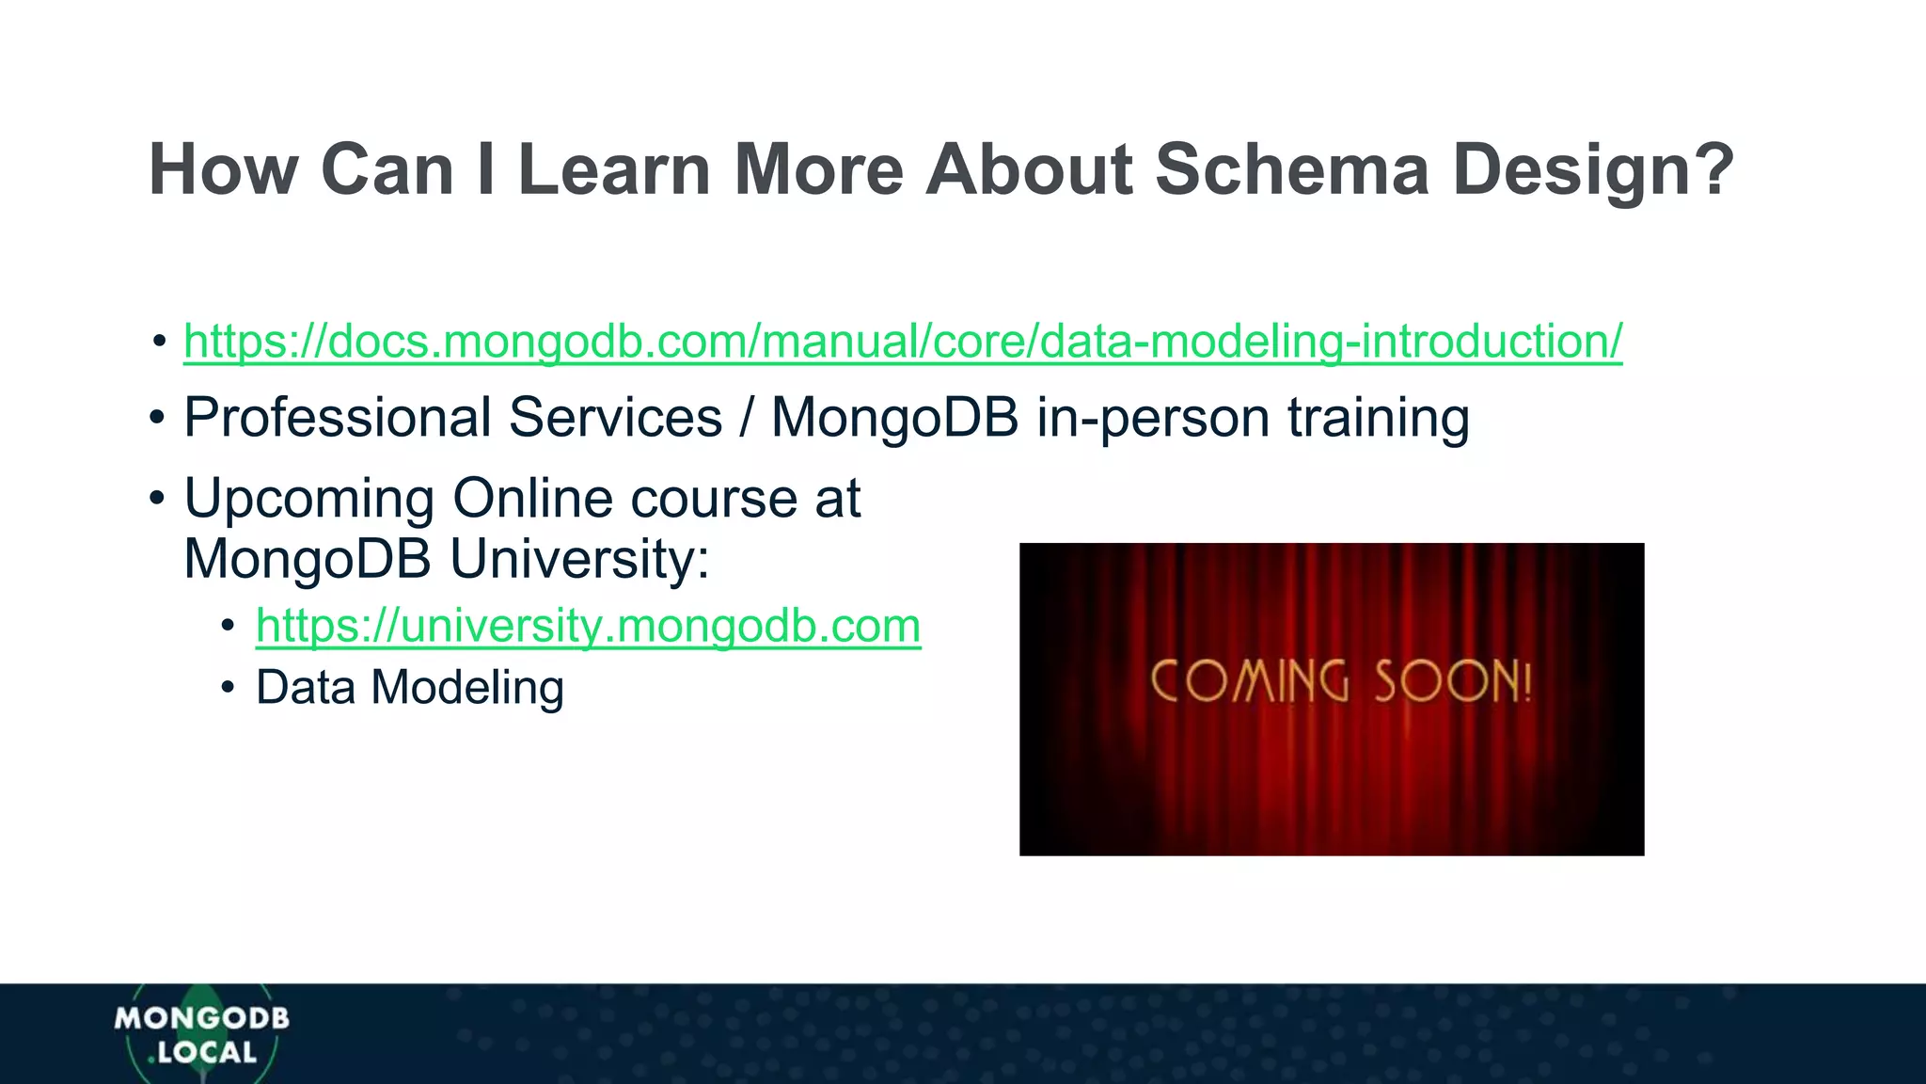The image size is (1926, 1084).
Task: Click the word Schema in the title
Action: click(1292, 170)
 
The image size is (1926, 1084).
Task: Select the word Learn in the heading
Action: click(613, 170)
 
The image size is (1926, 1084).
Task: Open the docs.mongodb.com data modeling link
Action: click(903, 341)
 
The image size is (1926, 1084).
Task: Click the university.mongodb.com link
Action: click(588, 626)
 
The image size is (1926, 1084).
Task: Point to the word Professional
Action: click(338, 418)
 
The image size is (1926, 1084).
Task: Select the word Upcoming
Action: click(309, 499)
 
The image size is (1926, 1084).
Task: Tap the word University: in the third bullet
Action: click(579, 559)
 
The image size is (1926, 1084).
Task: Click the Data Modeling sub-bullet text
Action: click(410, 688)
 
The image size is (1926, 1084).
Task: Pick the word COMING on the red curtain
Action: click(1250, 681)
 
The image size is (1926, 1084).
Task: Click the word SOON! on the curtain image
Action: click(1453, 681)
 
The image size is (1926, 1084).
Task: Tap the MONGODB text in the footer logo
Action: click(201, 1018)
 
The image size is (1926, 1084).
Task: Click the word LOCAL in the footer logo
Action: click(207, 1053)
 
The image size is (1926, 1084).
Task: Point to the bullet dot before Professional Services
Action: click(157, 418)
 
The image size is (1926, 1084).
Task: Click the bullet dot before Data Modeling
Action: click(228, 688)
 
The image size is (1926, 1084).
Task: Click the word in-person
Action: click(1153, 418)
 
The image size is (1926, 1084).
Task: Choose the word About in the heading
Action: click(1029, 170)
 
